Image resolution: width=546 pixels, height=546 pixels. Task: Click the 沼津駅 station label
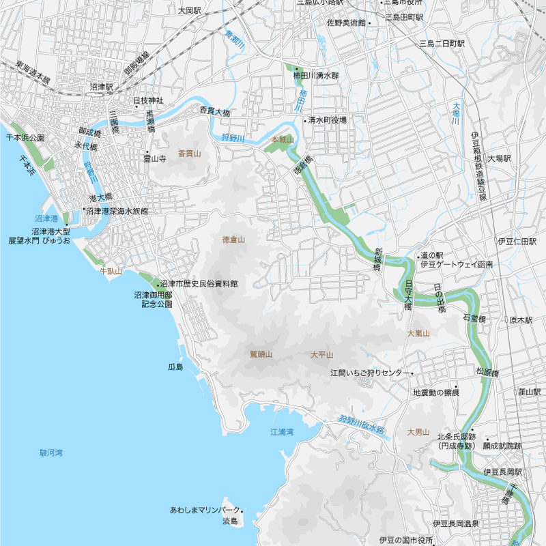click(x=102, y=87)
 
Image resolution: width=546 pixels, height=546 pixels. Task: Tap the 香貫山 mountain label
click(x=190, y=154)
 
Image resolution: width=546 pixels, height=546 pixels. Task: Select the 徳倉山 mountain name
click(x=233, y=240)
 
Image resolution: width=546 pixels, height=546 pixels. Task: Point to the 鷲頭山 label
click(x=261, y=354)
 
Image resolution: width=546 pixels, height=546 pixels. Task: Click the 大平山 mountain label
click(x=321, y=354)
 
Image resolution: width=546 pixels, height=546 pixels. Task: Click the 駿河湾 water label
click(x=51, y=452)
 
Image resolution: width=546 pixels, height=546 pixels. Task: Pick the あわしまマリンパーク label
click(x=205, y=511)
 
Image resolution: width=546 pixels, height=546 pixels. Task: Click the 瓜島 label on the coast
click(x=175, y=367)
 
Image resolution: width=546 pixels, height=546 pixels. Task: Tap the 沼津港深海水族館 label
click(x=117, y=212)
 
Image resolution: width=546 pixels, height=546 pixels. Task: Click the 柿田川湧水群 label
click(x=316, y=76)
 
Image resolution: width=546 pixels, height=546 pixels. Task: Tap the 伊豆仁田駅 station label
click(x=517, y=242)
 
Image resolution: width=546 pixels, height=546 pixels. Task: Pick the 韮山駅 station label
click(x=529, y=392)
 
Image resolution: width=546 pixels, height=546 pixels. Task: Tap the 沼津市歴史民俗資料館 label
click(x=199, y=283)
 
